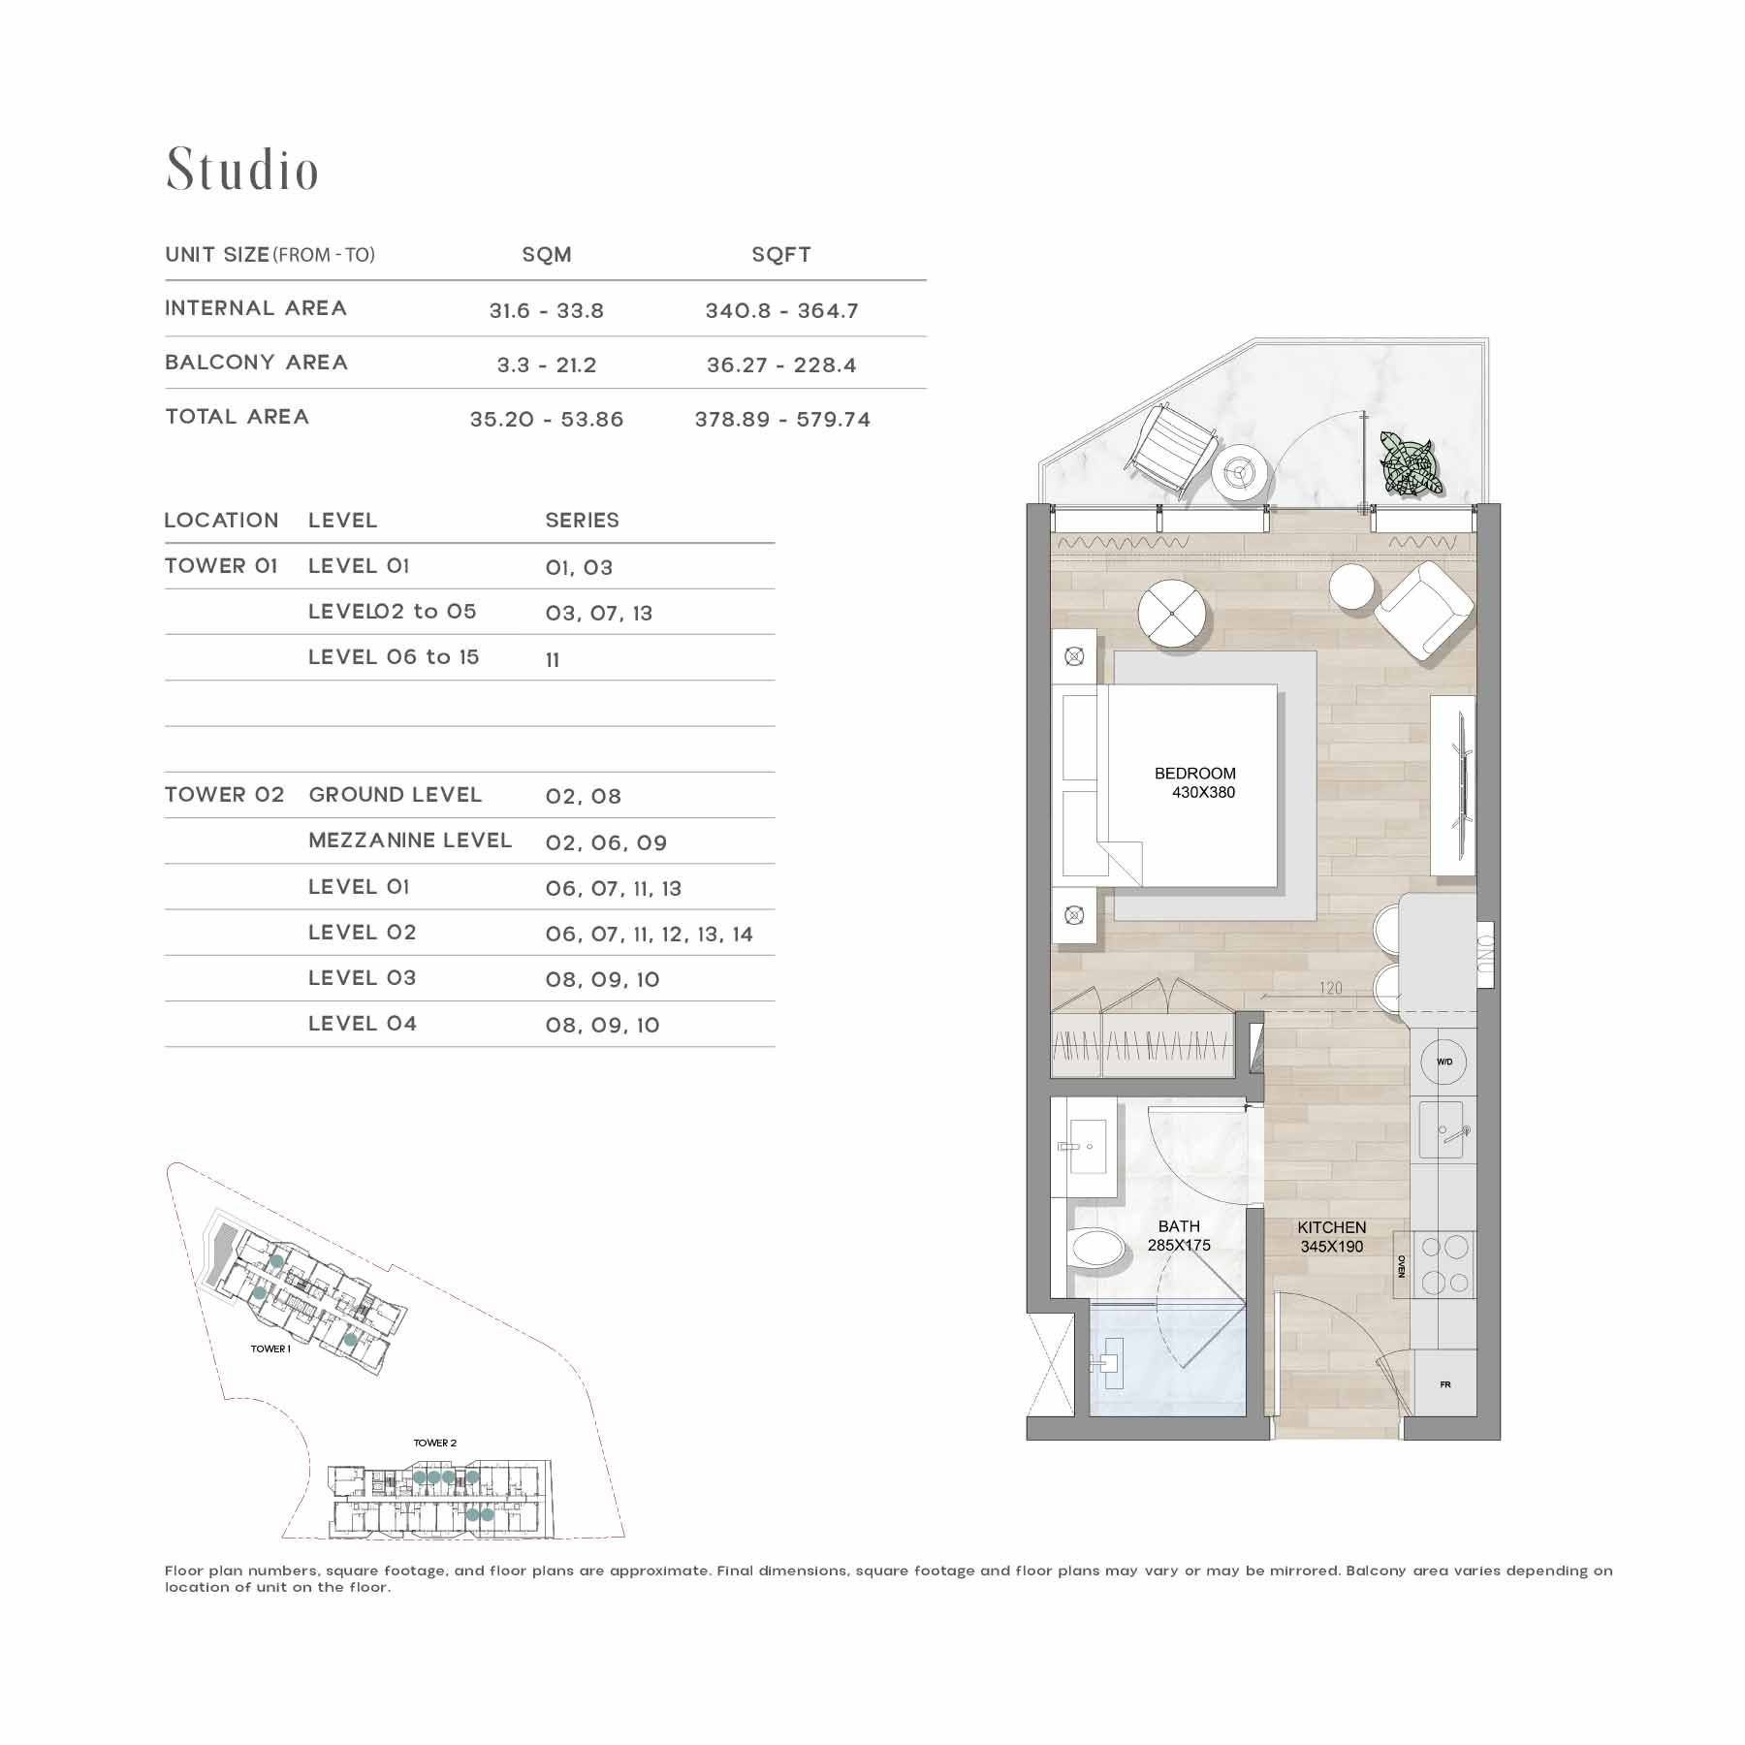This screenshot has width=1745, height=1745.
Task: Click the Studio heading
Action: click(x=242, y=170)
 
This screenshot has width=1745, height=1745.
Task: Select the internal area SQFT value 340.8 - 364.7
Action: click(x=781, y=311)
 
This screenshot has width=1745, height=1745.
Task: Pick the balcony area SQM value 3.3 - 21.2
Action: click(x=547, y=365)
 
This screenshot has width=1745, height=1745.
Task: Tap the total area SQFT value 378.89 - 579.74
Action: click(x=782, y=420)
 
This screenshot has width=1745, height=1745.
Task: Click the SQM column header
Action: click(x=547, y=255)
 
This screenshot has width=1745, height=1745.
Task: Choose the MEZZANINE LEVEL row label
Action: click(x=410, y=841)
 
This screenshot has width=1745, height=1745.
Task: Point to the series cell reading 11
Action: click(x=553, y=660)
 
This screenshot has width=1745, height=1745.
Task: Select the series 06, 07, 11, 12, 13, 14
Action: click(x=649, y=935)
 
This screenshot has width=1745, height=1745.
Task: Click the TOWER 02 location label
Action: click(x=225, y=795)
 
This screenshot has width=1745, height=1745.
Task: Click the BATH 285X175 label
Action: click(x=1179, y=1236)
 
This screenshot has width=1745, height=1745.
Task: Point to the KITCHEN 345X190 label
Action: click(x=1332, y=1237)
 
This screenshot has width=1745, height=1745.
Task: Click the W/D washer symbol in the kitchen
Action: click(x=1444, y=1062)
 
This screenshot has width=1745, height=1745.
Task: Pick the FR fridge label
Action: click(x=1445, y=1384)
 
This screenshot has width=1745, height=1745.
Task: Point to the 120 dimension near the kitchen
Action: click(x=1331, y=988)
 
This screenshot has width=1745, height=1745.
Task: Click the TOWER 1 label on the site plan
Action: click(x=270, y=1348)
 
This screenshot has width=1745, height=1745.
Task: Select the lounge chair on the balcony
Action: click(x=1170, y=449)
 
